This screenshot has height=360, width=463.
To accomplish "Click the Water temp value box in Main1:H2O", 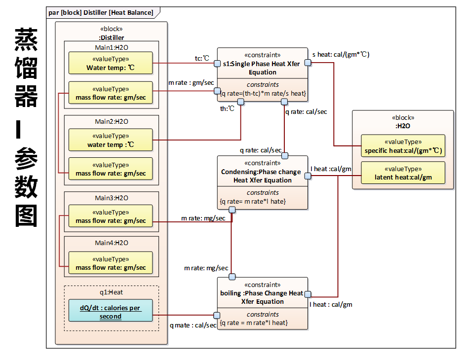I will tap(111, 63).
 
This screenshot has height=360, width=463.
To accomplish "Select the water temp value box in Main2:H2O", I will tap(111, 140).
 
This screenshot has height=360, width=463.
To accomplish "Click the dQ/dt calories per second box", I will tap(111, 310).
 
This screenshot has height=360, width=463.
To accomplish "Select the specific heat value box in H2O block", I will tap(403, 146).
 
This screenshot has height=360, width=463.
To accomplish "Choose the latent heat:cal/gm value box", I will tap(403, 173).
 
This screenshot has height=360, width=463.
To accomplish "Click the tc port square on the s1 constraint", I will tap(217, 63).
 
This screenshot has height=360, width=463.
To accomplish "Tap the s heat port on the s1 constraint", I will tap(308, 63).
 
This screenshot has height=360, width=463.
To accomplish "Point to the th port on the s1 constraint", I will tap(241, 102).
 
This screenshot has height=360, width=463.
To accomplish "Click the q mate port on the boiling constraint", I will tap(217, 315).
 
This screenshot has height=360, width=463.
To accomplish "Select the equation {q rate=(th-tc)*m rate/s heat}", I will tap(263, 93).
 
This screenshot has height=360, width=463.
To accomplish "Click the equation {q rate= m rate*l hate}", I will tap(253, 201).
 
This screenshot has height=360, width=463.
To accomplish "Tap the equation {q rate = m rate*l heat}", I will tap(254, 323).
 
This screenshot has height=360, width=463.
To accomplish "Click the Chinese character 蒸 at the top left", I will tap(26, 40).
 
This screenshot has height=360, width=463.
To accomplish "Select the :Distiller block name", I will tap(111, 37).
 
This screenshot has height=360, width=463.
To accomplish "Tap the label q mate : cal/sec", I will tap(193, 325).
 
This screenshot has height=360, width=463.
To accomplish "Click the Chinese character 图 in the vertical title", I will tap(26, 216).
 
